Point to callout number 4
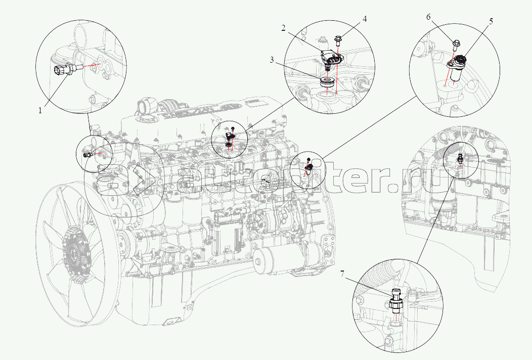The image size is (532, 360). pos(364,20)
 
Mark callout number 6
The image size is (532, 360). pos(428,17)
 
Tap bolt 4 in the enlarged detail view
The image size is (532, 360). pos(338,39)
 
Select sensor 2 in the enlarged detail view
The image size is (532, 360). pos(332,60)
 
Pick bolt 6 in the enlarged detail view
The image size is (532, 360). pos(456,46)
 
